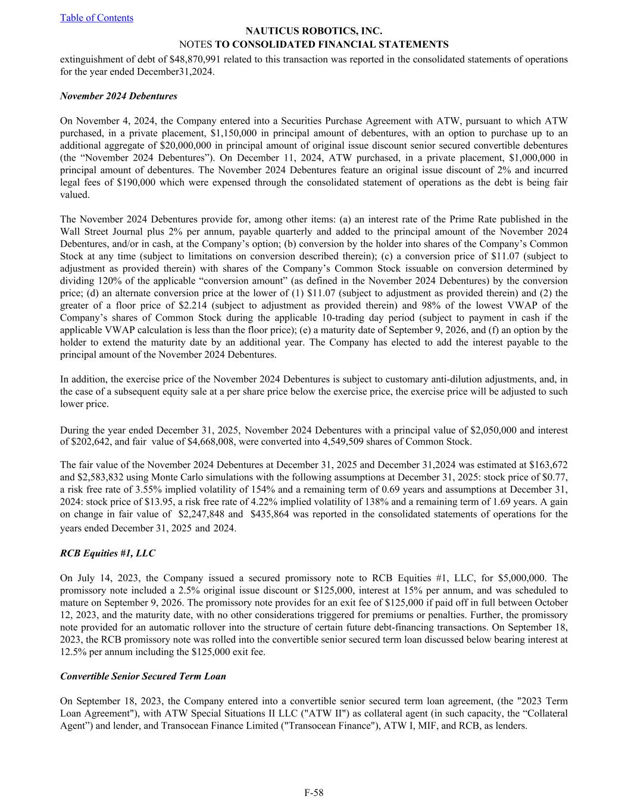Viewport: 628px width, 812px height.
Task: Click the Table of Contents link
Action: pyautogui.click(x=96, y=18)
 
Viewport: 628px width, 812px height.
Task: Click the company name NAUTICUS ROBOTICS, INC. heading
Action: pyautogui.click(x=314, y=31)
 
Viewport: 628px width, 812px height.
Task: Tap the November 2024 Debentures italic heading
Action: pyautogui.click(x=118, y=96)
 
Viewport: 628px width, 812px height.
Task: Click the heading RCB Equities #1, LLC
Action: pyautogui.click(x=108, y=553)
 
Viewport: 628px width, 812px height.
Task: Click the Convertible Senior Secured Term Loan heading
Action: pyautogui.click(x=143, y=676)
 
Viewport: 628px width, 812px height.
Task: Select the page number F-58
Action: pyautogui.click(x=314, y=792)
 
